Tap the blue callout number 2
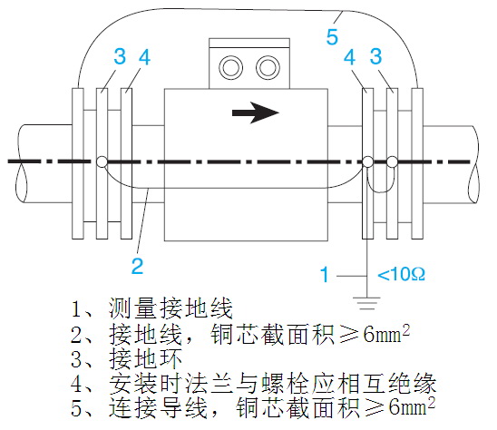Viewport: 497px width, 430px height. click(136, 265)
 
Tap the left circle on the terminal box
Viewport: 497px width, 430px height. click(230, 66)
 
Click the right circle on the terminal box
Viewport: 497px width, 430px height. click(266, 66)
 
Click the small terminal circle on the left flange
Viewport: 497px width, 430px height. click(100, 162)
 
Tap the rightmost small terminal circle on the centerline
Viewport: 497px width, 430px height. click(392, 162)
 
